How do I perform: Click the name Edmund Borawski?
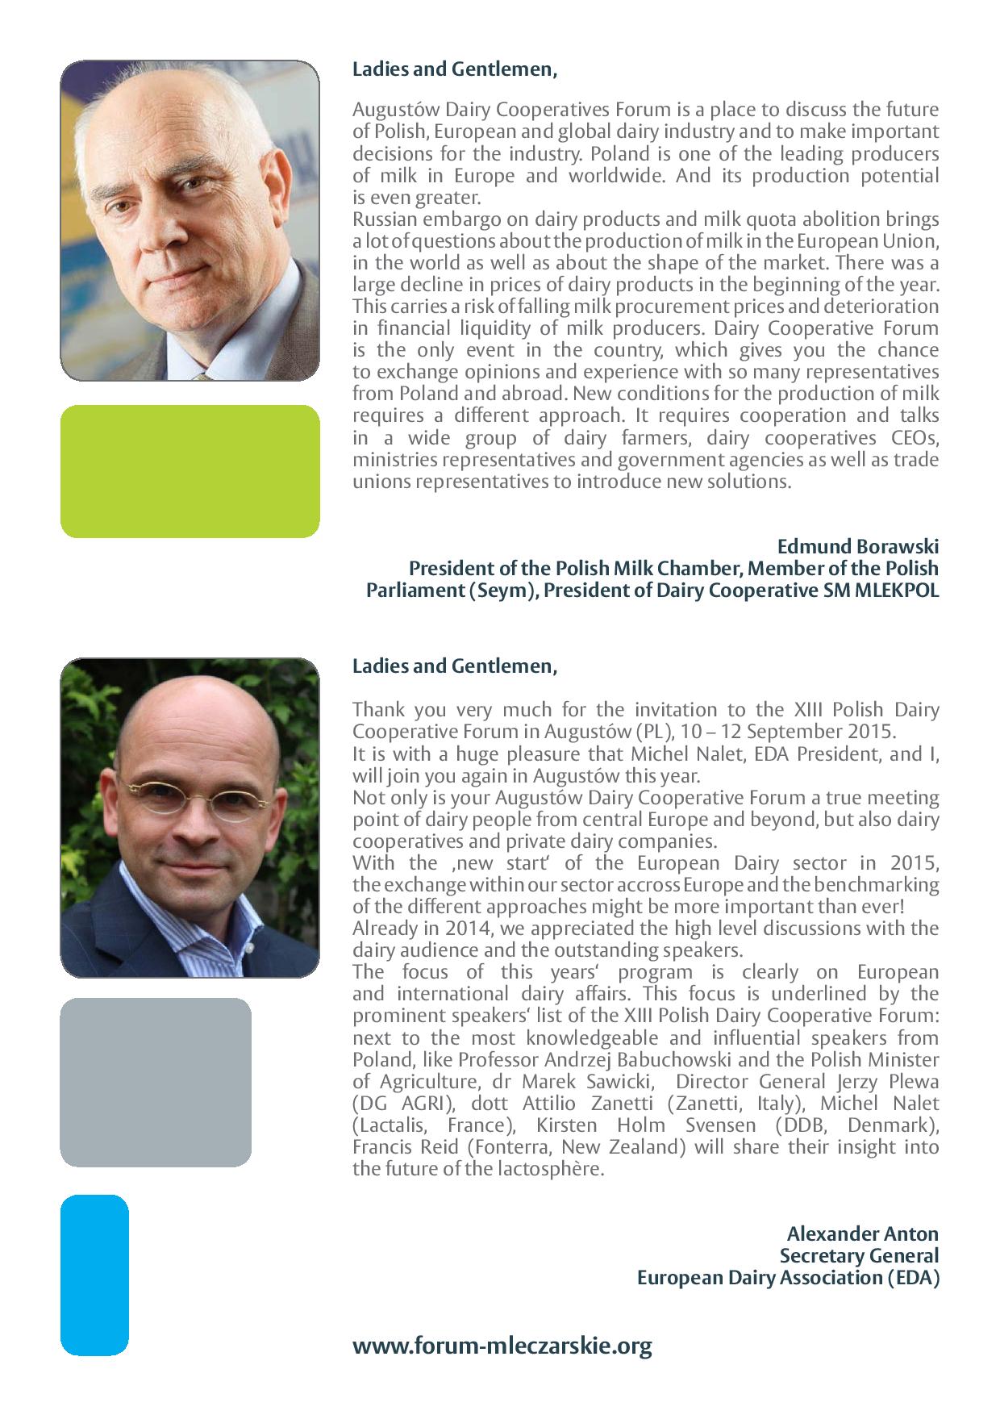[x=858, y=547]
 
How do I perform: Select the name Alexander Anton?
[x=862, y=1233]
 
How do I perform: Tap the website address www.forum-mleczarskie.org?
[x=502, y=1346]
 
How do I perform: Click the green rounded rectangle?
[x=190, y=471]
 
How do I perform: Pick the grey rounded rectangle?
[x=156, y=1082]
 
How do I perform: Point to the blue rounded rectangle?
[x=94, y=1275]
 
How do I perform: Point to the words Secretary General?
[x=859, y=1256]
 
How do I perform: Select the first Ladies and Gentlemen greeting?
[x=454, y=69]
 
